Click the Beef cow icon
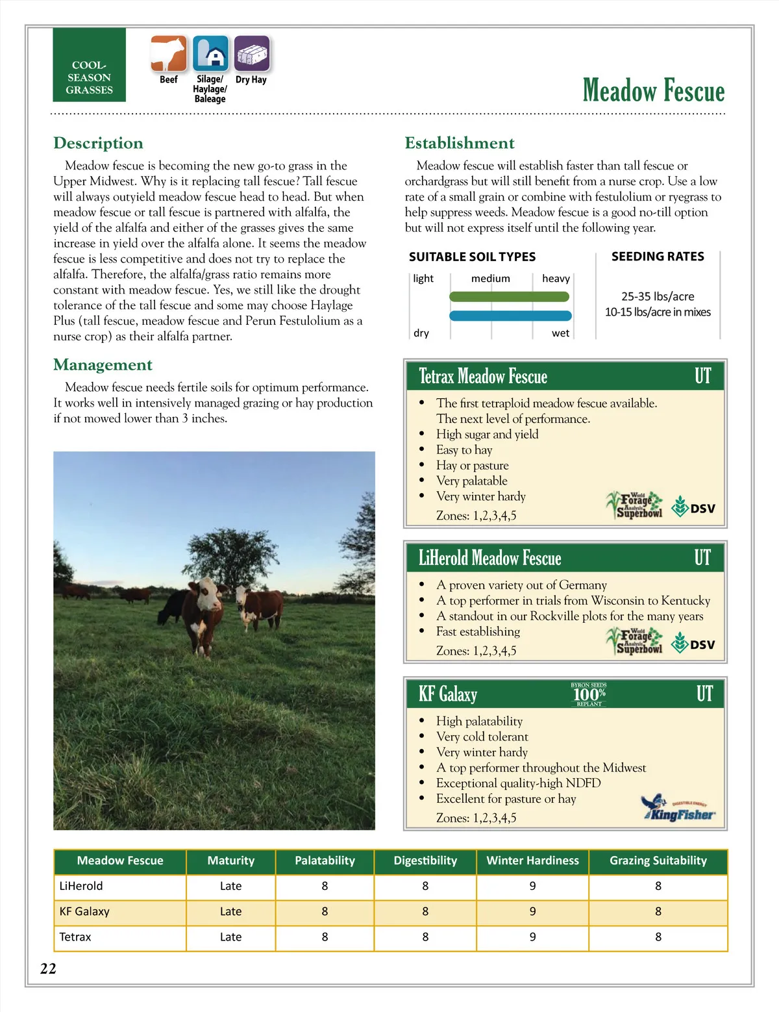(x=169, y=53)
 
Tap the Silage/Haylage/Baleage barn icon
(x=210, y=53)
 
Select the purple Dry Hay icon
(x=251, y=53)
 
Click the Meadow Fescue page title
(x=653, y=90)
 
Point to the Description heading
(x=98, y=143)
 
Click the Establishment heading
(x=459, y=143)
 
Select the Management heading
(x=103, y=364)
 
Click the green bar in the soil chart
(x=509, y=297)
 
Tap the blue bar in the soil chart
(x=510, y=316)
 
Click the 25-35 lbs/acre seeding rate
(x=658, y=296)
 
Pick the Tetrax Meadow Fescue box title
(x=483, y=376)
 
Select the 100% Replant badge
(x=589, y=694)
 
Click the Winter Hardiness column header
(x=532, y=861)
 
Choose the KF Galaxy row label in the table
(x=84, y=911)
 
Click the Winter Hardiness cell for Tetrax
(x=532, y=937)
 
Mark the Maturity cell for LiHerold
(x=230, y=886)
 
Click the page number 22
(x=48, y=968)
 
